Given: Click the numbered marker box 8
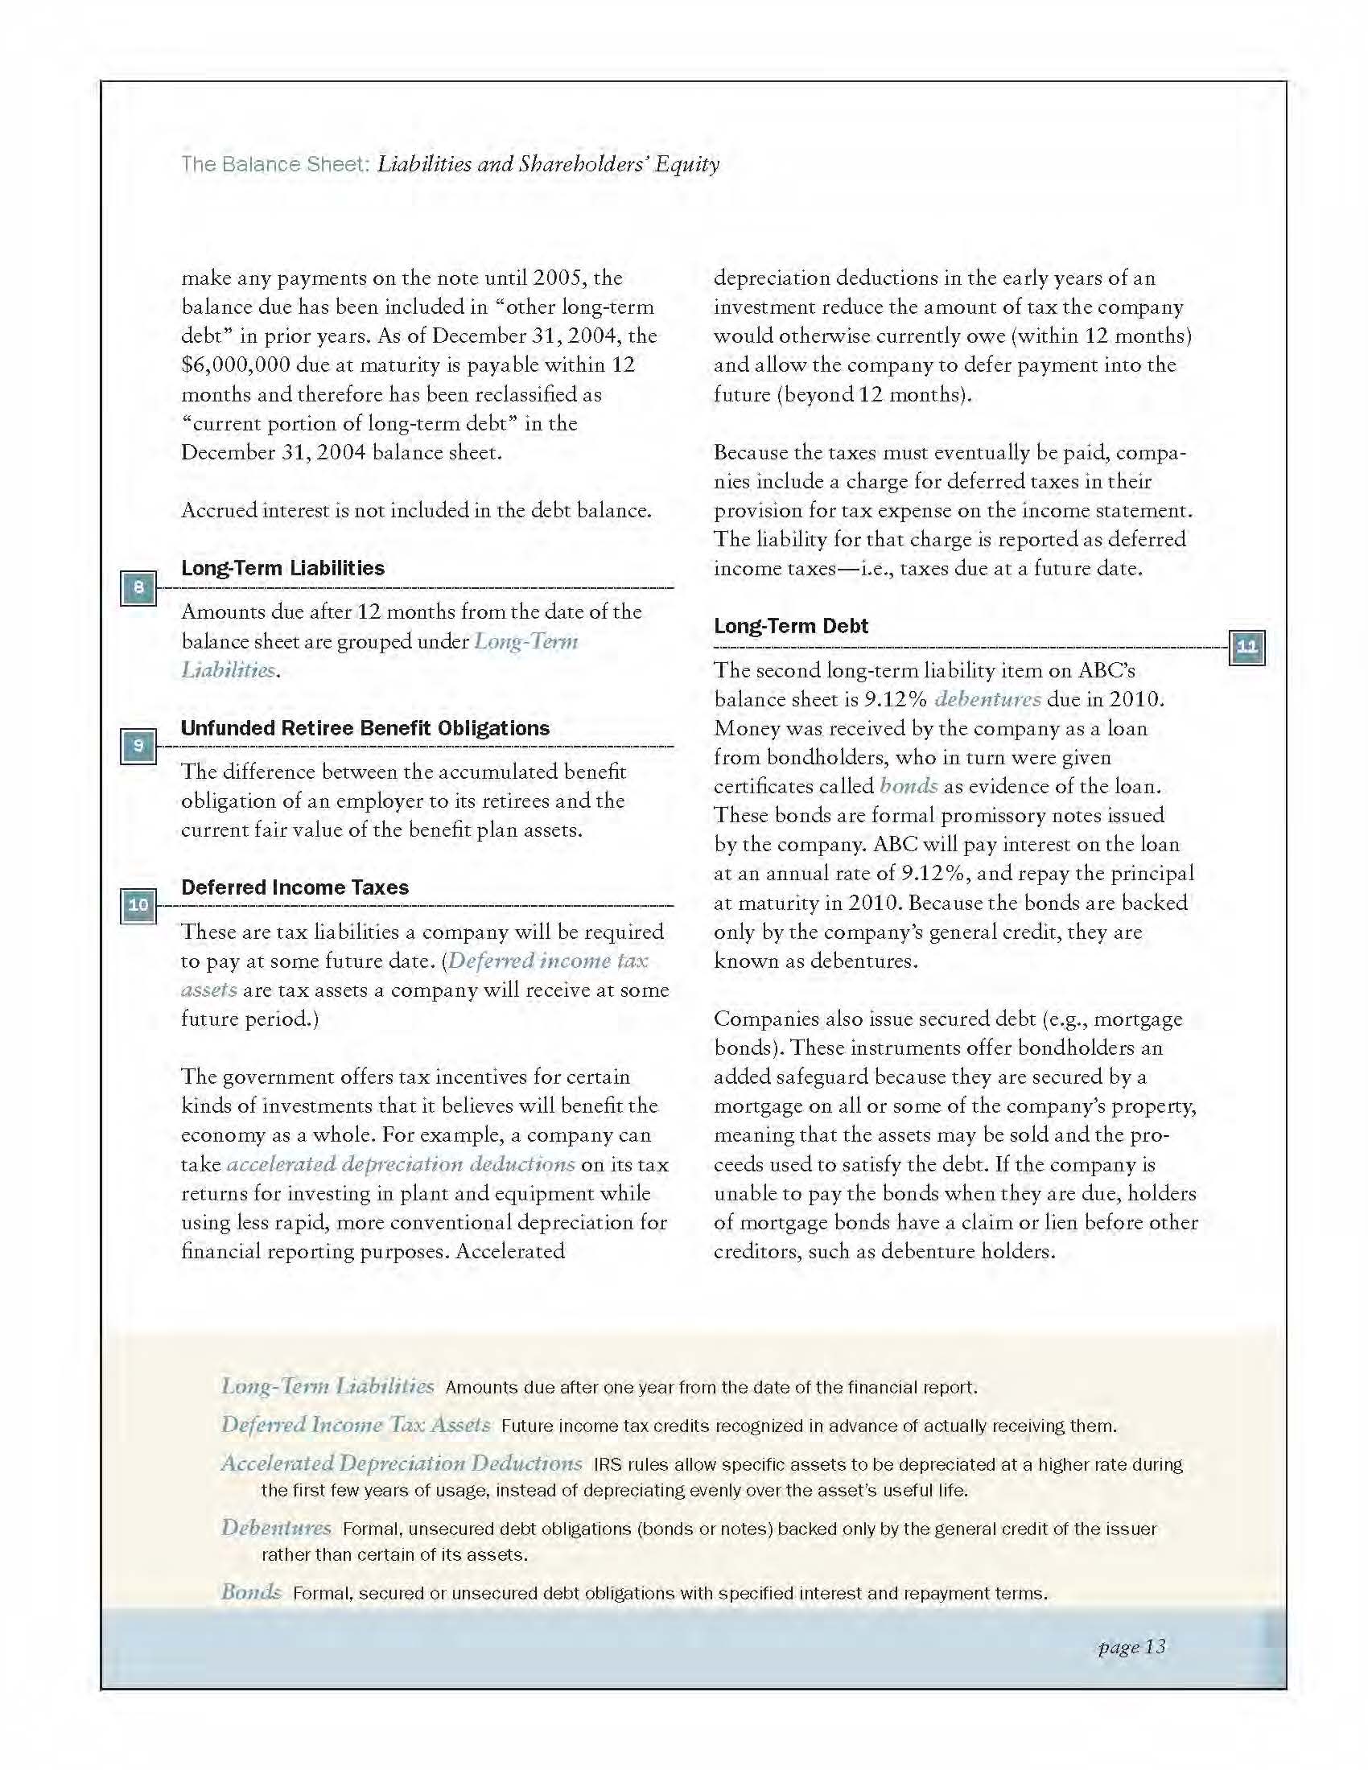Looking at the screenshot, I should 138,587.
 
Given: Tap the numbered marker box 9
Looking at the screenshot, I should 138,746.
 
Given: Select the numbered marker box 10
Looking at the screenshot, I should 138,905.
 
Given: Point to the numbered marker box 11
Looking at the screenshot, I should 1246,647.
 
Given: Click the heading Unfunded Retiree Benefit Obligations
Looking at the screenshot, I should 365,728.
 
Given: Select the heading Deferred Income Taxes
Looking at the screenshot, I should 295,887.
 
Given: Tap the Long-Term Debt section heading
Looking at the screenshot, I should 790,626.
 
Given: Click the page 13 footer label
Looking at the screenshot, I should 1131,1647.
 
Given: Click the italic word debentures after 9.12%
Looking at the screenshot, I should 987,698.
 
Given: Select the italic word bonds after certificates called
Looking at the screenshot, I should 909,786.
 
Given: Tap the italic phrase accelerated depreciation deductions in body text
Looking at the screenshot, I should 401,1165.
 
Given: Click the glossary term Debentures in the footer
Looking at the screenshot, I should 275,1528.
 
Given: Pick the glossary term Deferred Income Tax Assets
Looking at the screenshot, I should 355,1425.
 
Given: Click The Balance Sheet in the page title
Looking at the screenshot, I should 274,164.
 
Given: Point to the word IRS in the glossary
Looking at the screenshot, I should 605,1464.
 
